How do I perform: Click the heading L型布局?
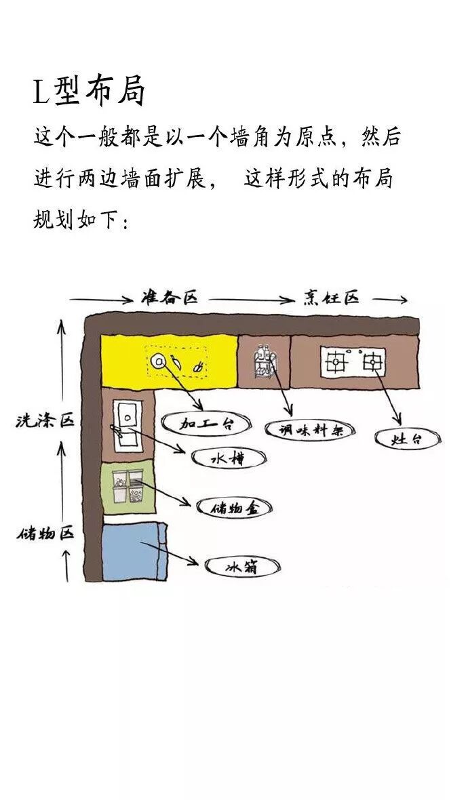click(89, 93)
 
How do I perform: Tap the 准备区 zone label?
click(169, 298)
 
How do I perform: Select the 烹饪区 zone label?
click(330, 298)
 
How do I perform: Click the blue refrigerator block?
click(134, 551)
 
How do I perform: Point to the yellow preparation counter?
click(170, 361)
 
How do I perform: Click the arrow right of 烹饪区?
click(390, 299)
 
